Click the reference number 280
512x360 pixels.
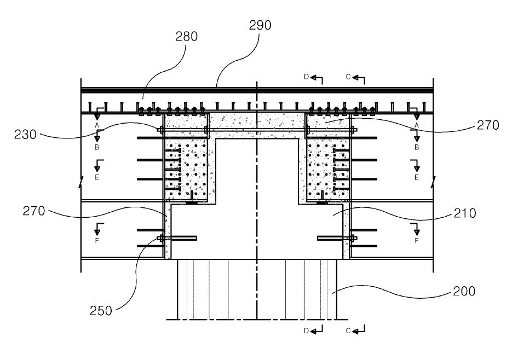pos(186,37)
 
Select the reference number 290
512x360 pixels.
pos(260,25)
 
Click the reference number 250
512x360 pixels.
pos(101,311)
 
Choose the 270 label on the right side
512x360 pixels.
pos(488,125)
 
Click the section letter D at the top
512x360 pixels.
pos(306,77)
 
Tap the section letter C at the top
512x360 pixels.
pos(348,77)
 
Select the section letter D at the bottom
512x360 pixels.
pos(306,330)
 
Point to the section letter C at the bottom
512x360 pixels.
pos(348,330)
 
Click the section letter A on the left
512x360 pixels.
pos(97,125)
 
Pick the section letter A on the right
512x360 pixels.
pos(417,125)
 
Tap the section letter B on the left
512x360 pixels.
pos(97,148)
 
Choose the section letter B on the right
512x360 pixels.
pos(417,148)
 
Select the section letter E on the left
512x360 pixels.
pos(97,178)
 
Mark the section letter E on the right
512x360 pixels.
pos(417,178)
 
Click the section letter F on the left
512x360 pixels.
pos(97,240)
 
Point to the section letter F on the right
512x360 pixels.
pos(417,240)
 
